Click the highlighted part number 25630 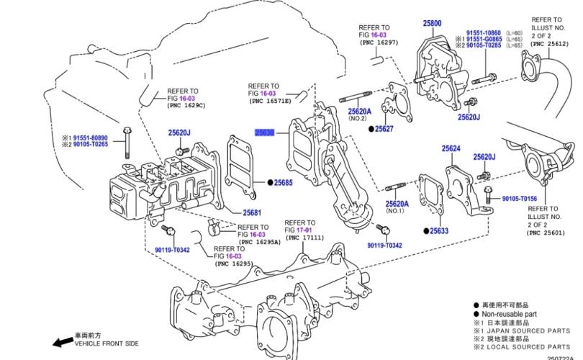pos(265,133)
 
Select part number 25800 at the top pos(433,24)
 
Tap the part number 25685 pos(283,183)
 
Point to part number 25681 pos(252,212)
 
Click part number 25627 pos(384,129)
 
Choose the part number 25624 pos(451,149)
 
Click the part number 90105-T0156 pos(519,198)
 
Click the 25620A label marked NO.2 pos(359,112)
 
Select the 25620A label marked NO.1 pos(397,204)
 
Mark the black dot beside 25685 pos(270,183)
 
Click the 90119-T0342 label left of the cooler pos(172,250)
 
